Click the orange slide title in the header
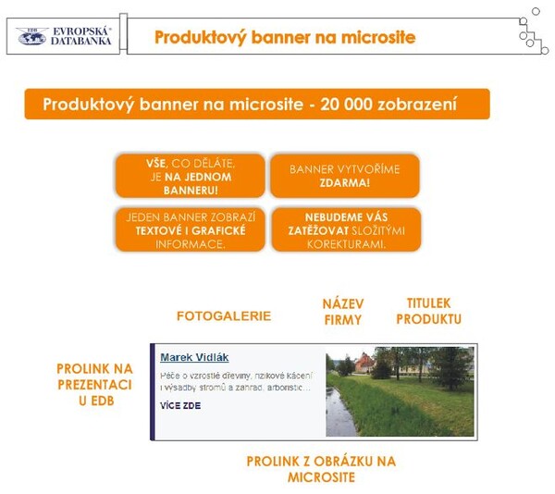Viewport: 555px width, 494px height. pos(284,38)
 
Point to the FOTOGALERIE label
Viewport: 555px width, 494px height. pos(224,315)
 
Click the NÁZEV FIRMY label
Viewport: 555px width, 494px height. pos(342,312)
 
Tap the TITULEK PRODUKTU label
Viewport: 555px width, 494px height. pos(427,311)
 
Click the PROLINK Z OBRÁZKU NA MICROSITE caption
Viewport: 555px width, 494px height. pos(320,469)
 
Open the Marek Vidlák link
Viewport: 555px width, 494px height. pos(194,357)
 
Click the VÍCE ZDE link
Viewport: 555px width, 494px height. pos(179,406)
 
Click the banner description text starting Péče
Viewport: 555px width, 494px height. pos(236,382)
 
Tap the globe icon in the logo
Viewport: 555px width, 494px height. pos(31,36)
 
